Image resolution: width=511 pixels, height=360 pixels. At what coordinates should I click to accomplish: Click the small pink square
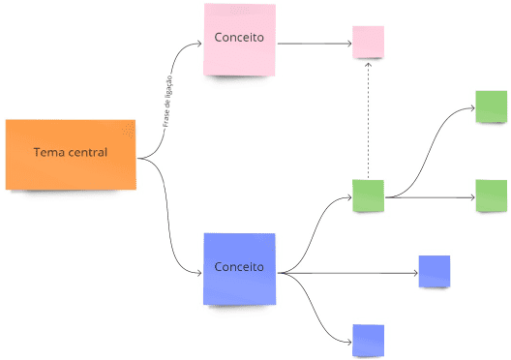[368, 43]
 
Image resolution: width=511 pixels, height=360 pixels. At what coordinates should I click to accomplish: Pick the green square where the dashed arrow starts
[368, 195]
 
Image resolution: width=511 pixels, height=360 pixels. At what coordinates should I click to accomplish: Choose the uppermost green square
[491, 106]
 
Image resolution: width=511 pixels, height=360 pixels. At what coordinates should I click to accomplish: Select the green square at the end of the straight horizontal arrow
[491, 195]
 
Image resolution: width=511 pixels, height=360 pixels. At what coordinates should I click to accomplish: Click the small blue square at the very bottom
[368, 340]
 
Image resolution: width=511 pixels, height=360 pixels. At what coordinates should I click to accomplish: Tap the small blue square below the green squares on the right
[434, 271]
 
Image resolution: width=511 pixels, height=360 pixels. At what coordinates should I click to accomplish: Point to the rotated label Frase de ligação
[167, 101]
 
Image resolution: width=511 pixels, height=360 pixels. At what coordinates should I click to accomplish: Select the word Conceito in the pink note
[240, 40]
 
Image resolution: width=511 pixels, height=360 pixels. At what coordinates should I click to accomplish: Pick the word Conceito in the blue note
[239, 267]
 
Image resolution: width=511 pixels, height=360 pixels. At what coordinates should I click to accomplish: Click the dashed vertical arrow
[368, 121]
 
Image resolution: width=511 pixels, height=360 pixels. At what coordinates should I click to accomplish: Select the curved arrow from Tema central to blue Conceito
[174, 223]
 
